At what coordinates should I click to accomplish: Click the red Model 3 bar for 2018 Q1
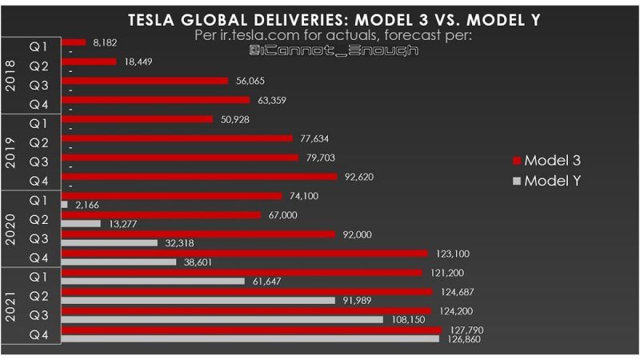pyautogui.click(x=74, y=42)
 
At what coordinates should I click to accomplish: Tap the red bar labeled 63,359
pyautogui.click(x=156, y=100)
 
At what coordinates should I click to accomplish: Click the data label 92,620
pyautogui.click(x=358, y=177)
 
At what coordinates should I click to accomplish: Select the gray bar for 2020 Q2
pyautogui.click(x=81, y=224)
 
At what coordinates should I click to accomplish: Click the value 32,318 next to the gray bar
pyautogui.click(x=182, y=243)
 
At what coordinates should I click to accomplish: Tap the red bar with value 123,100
pyautogui.click(x=245, y=254)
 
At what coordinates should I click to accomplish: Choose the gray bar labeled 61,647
pyautogui.click(x=153, y=281)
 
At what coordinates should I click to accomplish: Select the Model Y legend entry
pyautogui.click(x=551, y=181)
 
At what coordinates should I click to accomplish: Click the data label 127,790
pyautogui.click(x=467, y=330)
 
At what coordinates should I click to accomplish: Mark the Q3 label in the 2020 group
pyautogui.click(x=38, y=238)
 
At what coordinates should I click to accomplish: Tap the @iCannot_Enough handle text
pyautogui.click(x=334, y=50)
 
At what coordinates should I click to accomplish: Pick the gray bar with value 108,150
pyautogui.click(x=222, y=320)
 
